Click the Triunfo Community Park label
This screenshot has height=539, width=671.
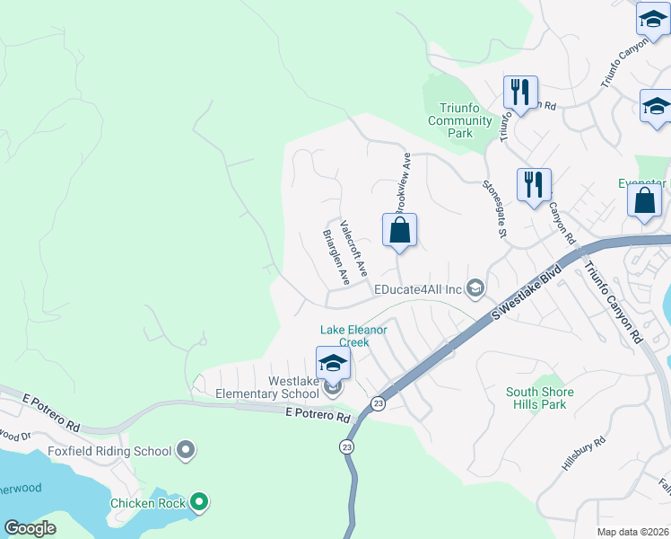point(459,120)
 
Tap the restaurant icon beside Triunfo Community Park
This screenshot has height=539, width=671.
point(520,92)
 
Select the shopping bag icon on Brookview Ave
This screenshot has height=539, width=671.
point(399,230)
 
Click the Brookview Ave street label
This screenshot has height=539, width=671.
point(404,180)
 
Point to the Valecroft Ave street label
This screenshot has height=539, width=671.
point(353,247)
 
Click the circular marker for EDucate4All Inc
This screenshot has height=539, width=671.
point(475,288)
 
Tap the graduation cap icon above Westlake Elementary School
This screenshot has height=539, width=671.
point(333,363)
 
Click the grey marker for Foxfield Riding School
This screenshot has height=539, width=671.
point(186,449)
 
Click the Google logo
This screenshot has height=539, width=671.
point(30,528)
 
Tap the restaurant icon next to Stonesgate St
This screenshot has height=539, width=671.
point(534,184)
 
